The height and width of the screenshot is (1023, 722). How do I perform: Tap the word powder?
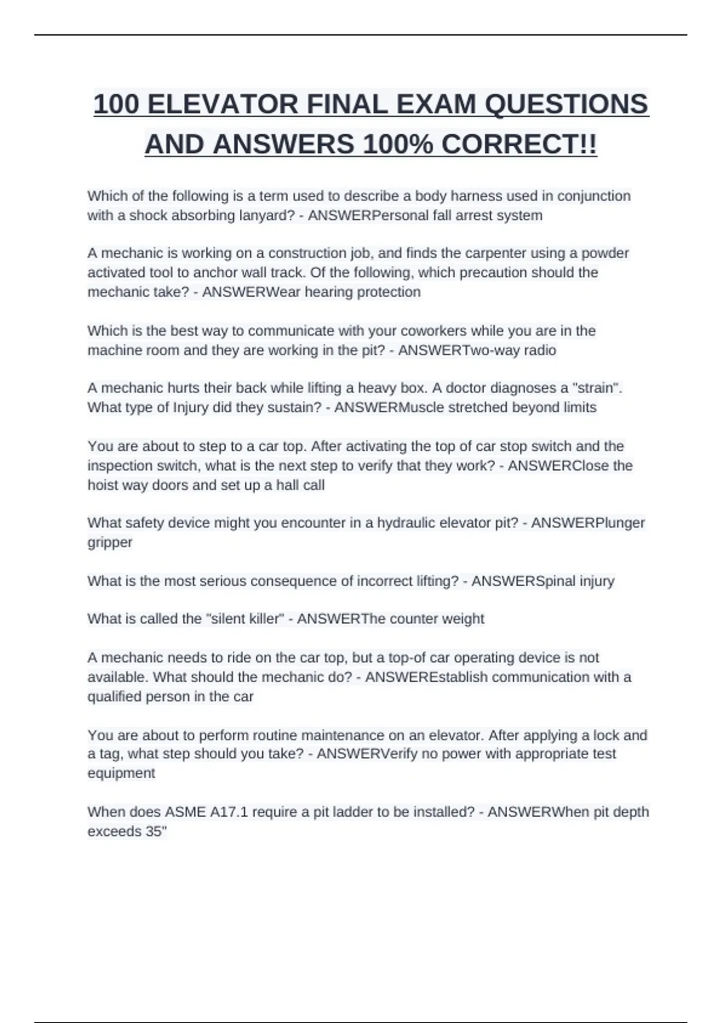tap(605, 253)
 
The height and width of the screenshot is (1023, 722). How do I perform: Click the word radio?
tap(540, 350)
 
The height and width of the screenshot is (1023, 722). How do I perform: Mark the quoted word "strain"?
tap(599, 388)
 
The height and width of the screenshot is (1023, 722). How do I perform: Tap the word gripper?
tap(110, 542)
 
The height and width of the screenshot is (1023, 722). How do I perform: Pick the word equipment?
tap(121, 773)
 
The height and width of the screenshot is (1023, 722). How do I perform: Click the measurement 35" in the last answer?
tap(155, 832)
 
